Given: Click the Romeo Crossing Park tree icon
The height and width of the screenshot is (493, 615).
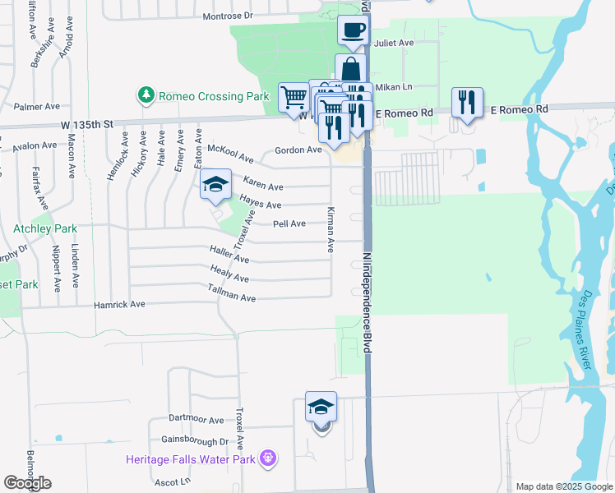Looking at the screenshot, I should pyautogui.click(x=146, y=95).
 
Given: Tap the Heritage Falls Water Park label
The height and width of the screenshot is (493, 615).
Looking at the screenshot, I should pyautogui.click(x=191, y=458).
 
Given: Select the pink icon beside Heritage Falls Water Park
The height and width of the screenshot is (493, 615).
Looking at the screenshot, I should pyautogui.click(x=266, y=458).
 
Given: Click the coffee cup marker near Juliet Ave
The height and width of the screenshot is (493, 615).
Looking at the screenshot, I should pyautogui.click(x=353, y=30).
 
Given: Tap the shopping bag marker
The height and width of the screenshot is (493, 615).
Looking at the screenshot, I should pyautogui.click(x=351, y=68).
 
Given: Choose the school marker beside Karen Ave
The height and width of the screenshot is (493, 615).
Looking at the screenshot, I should pyautogui.click(x=215, y=183).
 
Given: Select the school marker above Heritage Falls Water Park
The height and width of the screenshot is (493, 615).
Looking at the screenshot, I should pyautogui.click(x=321, y=406).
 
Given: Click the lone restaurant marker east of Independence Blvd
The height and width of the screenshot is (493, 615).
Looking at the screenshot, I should pyautogui.click(x=466, y=102).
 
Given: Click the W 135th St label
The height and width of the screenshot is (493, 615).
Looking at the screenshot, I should pyautogui.click(x=85, y=123).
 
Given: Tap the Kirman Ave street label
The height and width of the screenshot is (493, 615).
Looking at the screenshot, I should pyautogui.click(x=331, y=229).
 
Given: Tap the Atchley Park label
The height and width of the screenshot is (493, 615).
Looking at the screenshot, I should pyautogui.click(x=33, y=228).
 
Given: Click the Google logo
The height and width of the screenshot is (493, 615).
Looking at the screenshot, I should pyautogui.click(x=27, y=483).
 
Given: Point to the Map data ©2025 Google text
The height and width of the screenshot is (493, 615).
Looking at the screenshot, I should pyautogui.click(x=563, y=486).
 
